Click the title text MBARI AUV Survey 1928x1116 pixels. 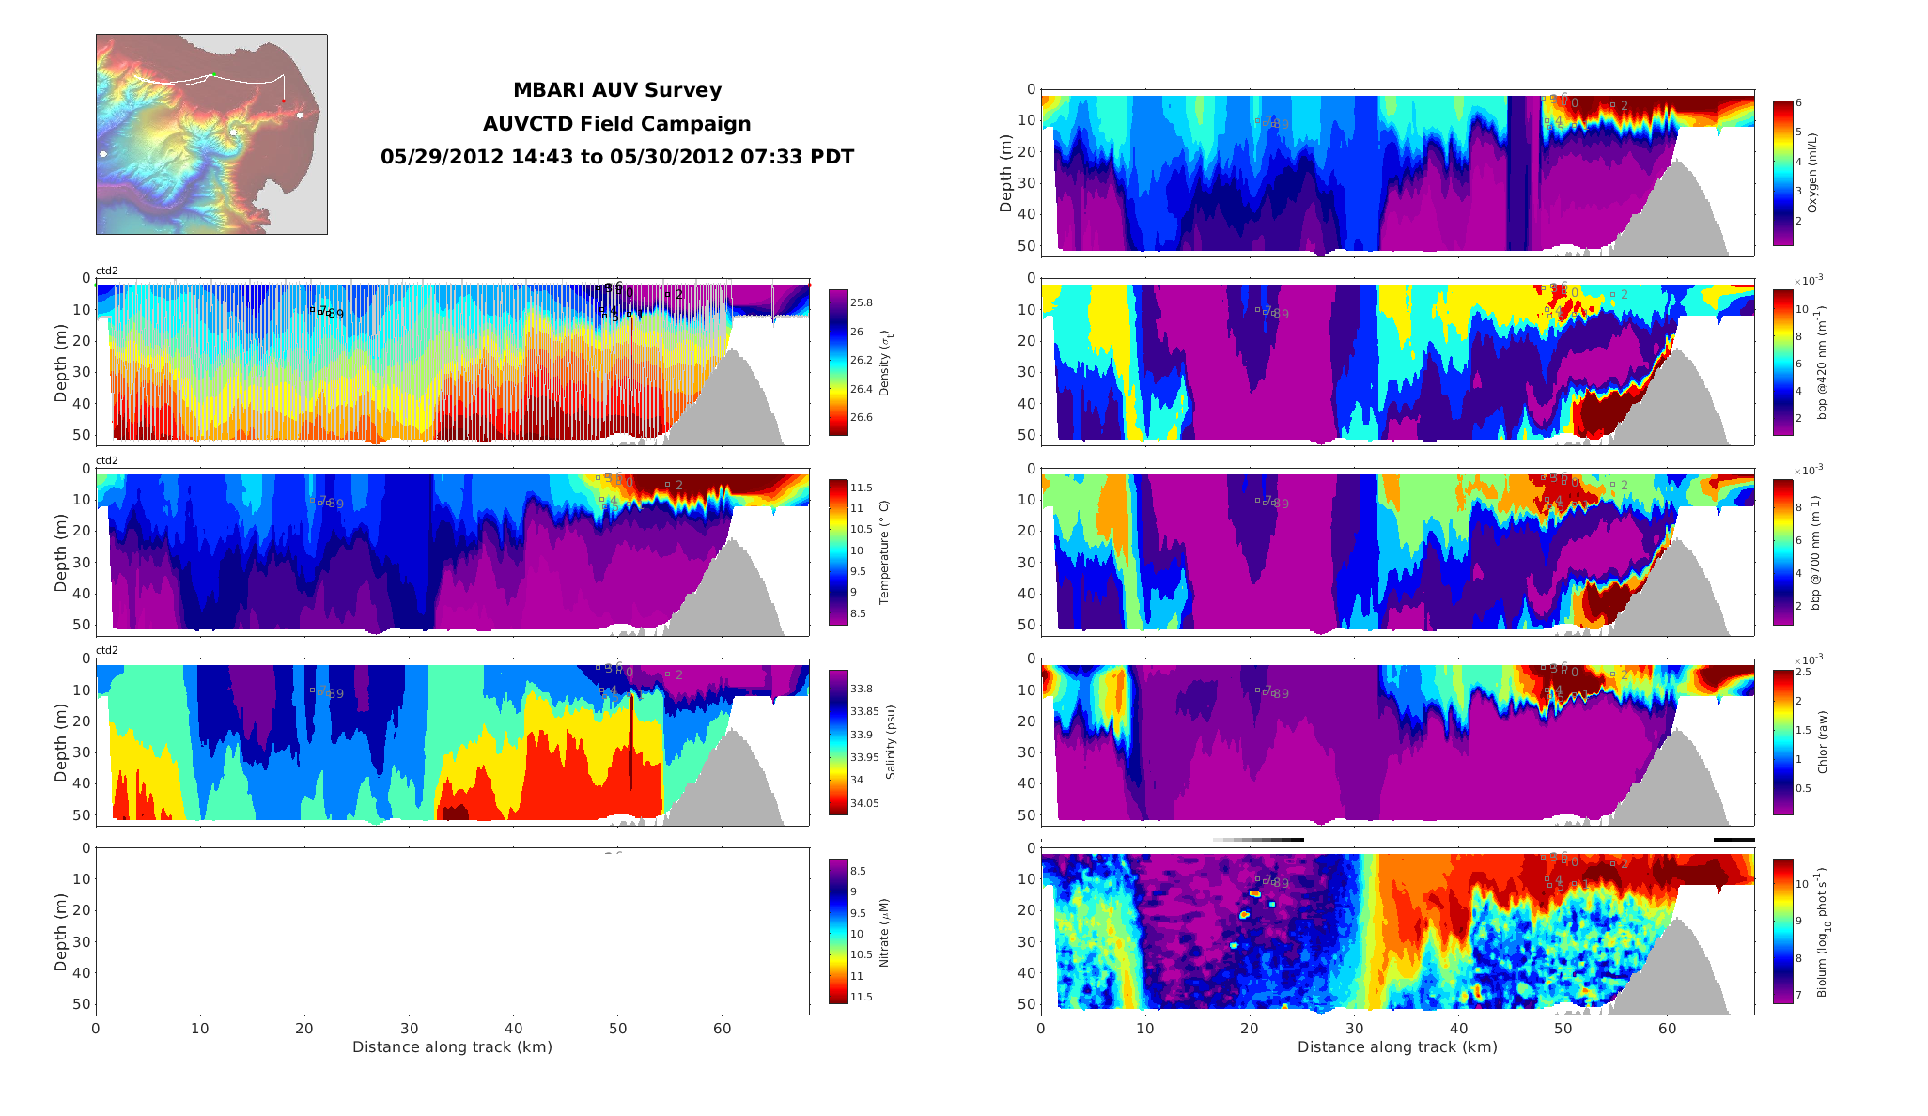(616, 90)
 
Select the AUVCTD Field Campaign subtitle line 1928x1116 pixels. (616, 124)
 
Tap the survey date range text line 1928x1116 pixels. (616, 157)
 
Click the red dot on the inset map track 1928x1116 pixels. (284, 101)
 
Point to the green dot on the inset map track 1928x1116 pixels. (213, 74)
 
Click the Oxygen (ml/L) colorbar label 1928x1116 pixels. (1812, 173)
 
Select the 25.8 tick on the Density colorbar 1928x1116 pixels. (861, 302)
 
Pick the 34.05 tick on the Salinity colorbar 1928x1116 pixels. (864, 803)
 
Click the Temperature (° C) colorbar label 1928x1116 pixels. (884, 552)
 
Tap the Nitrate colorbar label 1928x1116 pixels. (884, 933)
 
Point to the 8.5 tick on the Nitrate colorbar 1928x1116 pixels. (858, 871)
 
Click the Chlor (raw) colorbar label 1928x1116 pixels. (1823, 742)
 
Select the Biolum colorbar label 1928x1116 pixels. (1823, 932)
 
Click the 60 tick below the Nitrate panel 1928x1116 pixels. (722, 1029)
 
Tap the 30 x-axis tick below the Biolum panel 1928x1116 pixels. (1354, 1029)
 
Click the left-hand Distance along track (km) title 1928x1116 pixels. (452, 1047)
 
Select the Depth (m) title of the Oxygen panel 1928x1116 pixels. (1006, 173)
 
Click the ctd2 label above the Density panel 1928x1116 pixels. (107, 271)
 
